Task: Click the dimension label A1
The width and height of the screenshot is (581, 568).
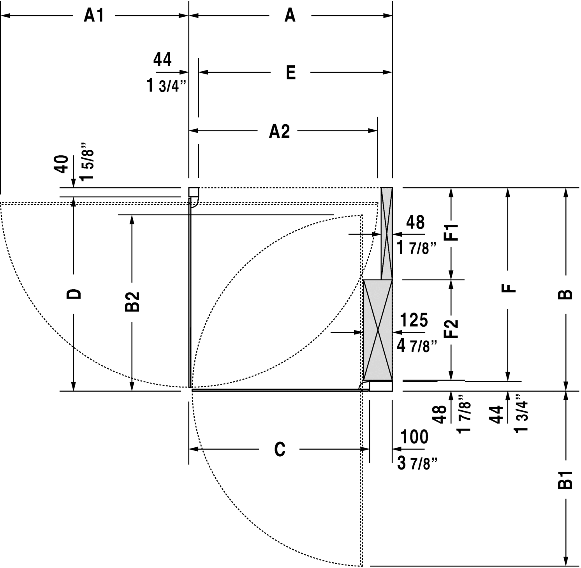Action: click(94, 16)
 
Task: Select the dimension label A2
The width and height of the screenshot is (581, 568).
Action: click(280, 132)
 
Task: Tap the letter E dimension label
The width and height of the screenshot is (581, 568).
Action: click(290, 72)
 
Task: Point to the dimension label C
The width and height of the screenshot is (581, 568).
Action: click(280, 449)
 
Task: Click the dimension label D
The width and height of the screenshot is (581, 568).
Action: click(74, 293)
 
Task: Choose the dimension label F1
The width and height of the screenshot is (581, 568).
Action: click(451, 232)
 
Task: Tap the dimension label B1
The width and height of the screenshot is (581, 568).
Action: click(566, 479)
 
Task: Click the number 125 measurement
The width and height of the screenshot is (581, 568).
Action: click(414, 320)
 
